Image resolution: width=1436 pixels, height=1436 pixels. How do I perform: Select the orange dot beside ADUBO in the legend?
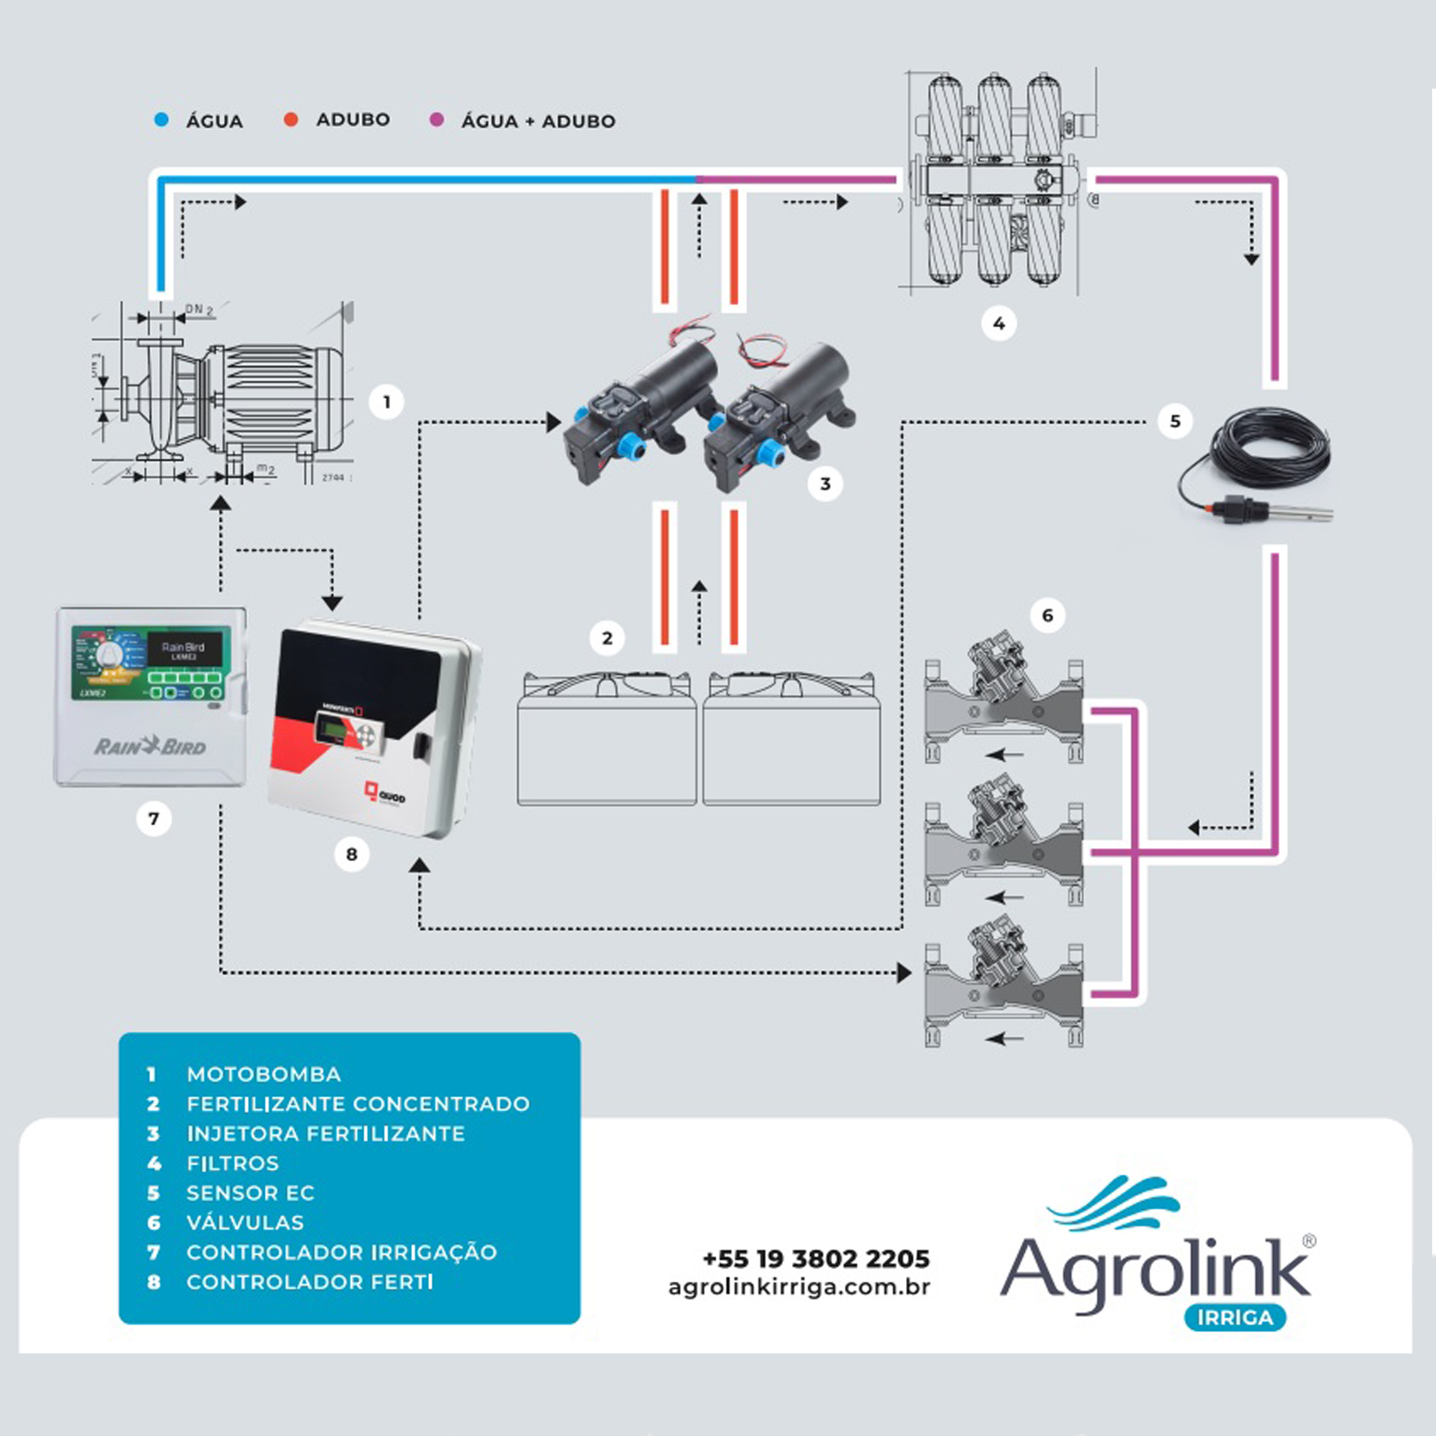(x=291, y=120)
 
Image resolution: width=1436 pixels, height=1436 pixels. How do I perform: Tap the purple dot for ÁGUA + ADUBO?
(x=436, y=120)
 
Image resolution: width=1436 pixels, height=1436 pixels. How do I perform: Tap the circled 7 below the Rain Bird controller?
(x=154, y=819)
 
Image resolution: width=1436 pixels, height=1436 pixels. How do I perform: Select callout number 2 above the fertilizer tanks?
(x=607, y=638)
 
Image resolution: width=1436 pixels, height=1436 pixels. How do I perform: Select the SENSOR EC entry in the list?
(x=250, y=1193)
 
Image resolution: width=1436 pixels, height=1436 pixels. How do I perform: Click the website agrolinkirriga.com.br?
(x=799, y=1287)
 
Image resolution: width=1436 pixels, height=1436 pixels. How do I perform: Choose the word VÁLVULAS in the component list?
(x=245, y=1223)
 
